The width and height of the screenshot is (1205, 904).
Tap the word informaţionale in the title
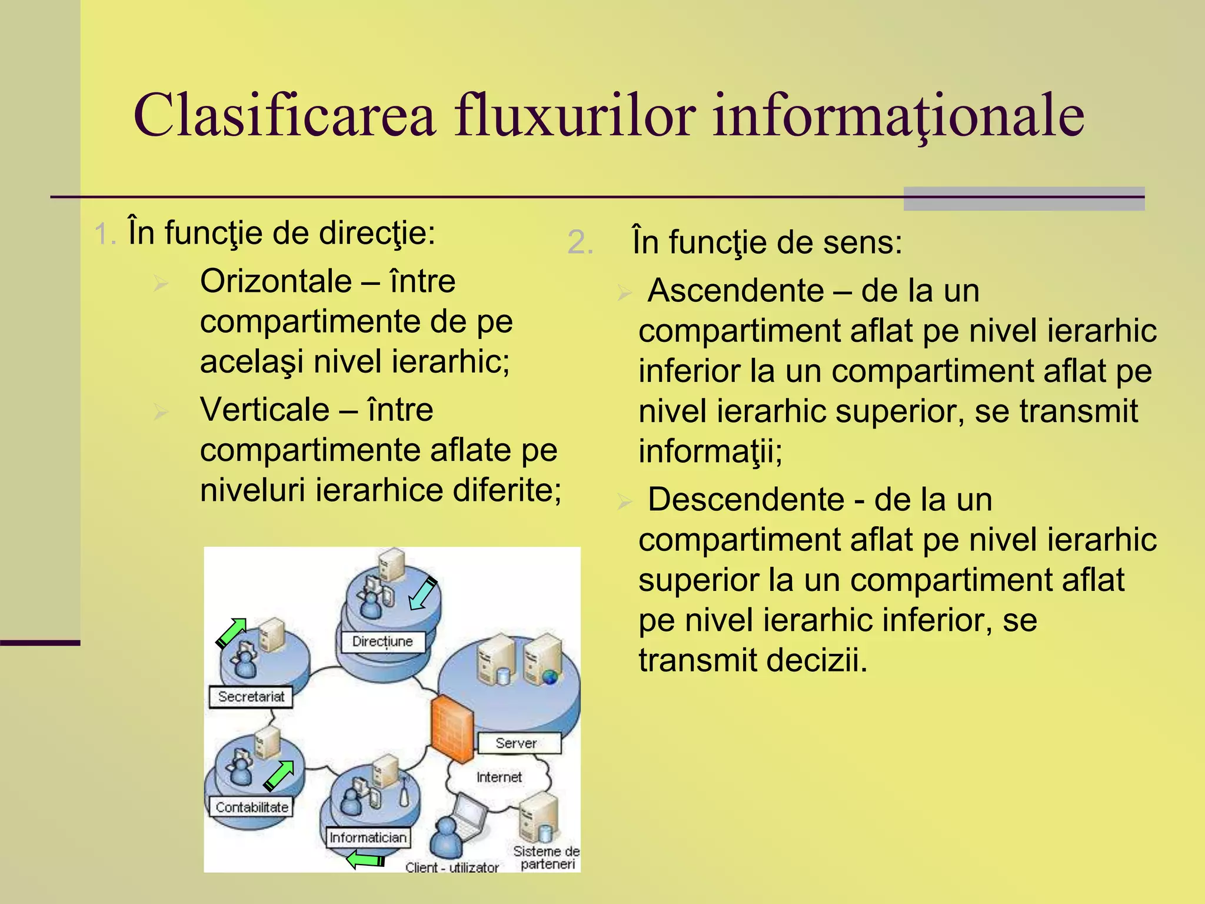(898, 116)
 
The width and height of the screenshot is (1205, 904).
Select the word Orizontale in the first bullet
(276, 281)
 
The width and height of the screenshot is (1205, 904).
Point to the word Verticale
(265, 410)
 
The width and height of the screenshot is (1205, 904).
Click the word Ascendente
(736, 291)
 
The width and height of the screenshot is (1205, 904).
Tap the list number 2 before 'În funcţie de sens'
(580, 242)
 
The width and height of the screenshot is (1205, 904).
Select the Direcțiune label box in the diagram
(383, 641)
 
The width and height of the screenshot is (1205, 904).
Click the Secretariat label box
(251, 697)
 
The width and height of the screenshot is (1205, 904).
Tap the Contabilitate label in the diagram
(252, 807)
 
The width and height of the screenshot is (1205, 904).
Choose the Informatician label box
(368, 837)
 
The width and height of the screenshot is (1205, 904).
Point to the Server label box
(517, 743)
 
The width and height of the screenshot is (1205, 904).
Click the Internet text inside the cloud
(499, 777)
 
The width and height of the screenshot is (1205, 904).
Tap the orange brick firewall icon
(452, 730)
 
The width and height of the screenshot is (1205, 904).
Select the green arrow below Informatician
(365, 860)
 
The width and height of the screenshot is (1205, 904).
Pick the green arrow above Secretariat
(231, 633)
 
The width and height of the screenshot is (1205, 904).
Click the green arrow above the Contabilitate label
(278, 775)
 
